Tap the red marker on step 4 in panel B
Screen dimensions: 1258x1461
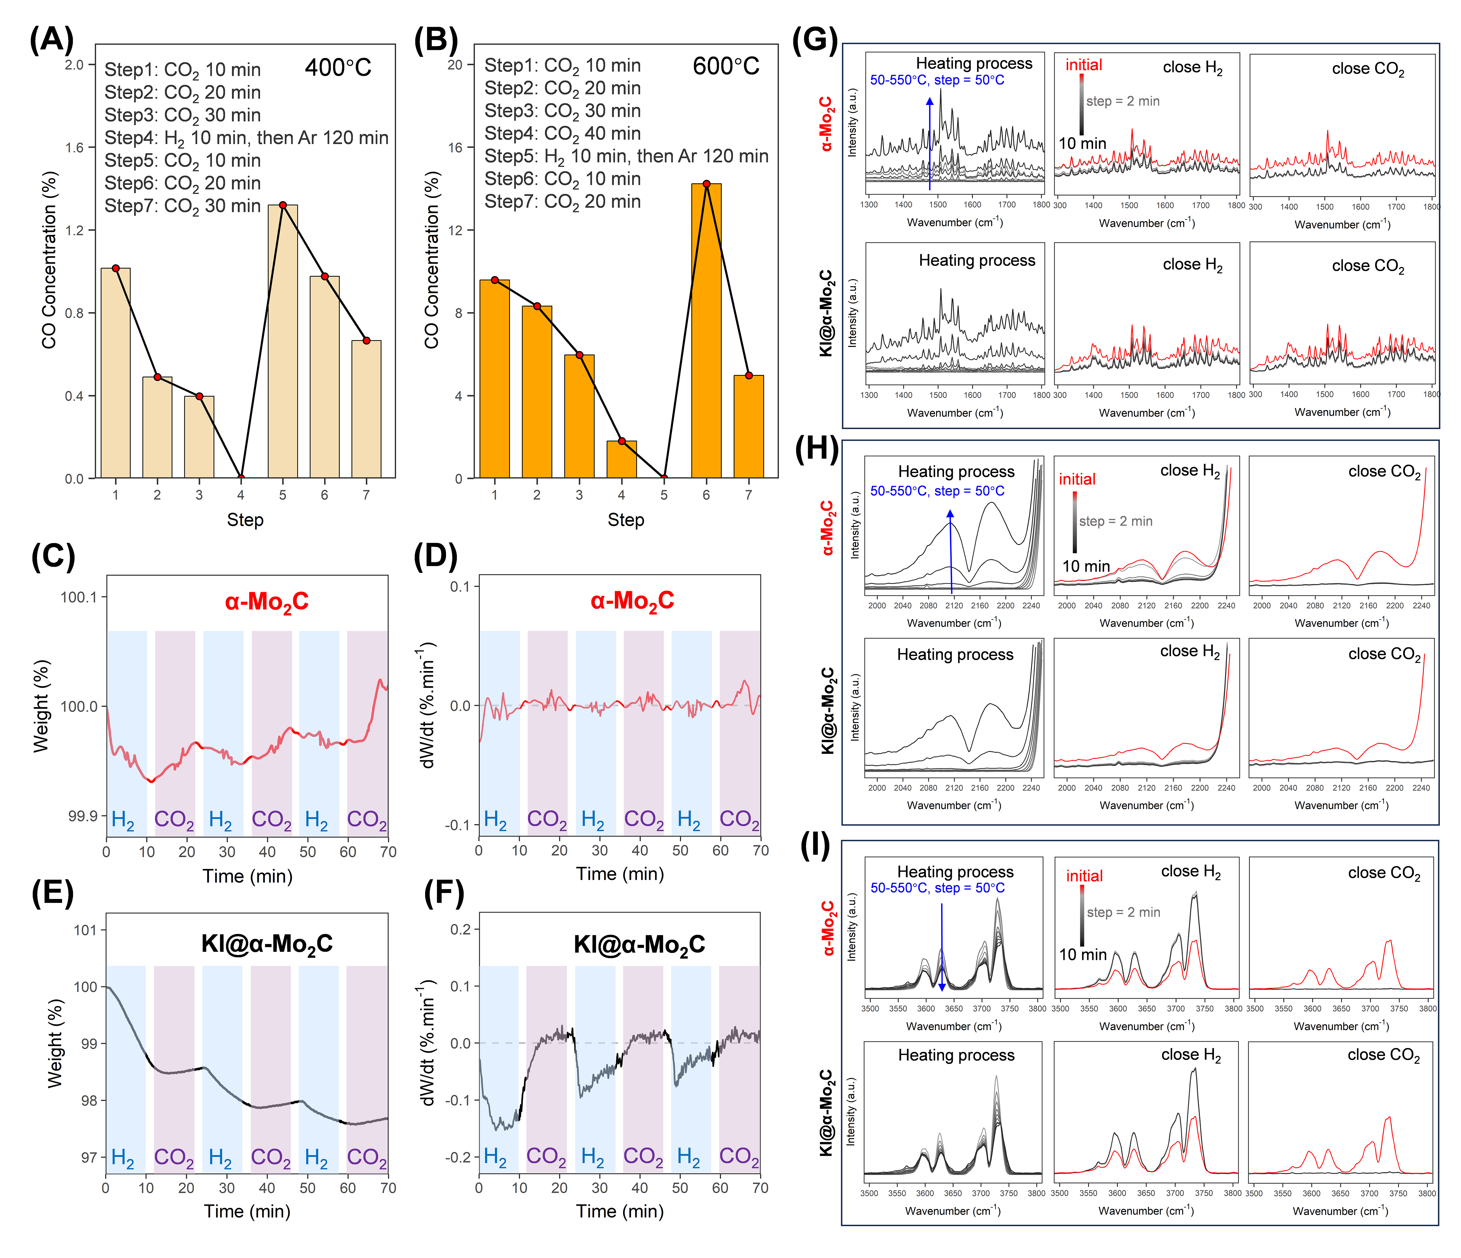[621, 442]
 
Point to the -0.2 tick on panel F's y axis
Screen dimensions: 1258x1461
[458, 1157]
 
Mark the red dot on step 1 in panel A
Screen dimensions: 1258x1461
[116, 268]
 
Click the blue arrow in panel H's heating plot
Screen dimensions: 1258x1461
[950, 550]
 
